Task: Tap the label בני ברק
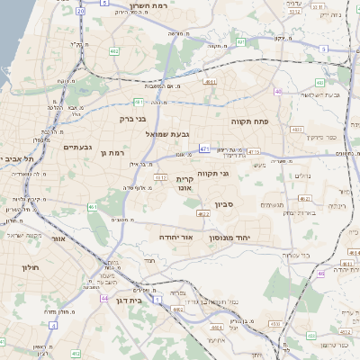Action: point(132,117)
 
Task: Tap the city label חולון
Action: point(25,266)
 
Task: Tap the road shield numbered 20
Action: point(81,11)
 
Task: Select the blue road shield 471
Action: point(205,148)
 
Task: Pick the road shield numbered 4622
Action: point(203,214)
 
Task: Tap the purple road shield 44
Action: point(104,298)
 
